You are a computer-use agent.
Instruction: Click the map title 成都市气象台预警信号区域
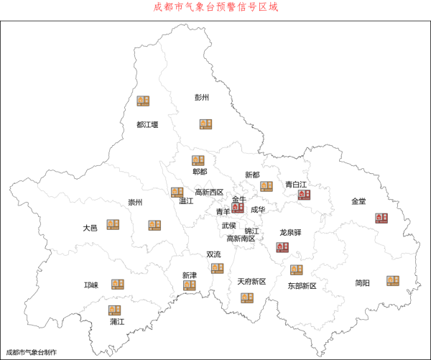(x=215, y=7)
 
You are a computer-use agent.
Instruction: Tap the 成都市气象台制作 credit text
(x=32, y=352)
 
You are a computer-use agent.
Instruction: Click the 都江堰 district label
(x=147, y=124)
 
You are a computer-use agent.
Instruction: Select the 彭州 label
(x=203, y=98)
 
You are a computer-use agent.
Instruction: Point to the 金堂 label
(x=359, y=201)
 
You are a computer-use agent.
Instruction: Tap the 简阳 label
(x=362, y=283)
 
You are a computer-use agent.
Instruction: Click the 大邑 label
(x=90, y=228)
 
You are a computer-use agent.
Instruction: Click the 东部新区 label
(x=302, y=286)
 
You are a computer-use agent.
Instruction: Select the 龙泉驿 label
(x=290, y=233)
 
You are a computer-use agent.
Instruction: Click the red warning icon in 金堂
(x=381, y=218)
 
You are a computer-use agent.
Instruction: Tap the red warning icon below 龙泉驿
(x=283, y=247)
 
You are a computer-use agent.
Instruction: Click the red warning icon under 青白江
(x=304, y=195)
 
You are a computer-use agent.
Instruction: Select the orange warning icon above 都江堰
(x=144, y=101)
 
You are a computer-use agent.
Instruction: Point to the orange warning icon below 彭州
(x=206, y=124)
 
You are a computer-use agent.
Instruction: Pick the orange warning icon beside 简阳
(x=392, y=280)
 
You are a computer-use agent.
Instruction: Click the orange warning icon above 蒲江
(x=115, y=310)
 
